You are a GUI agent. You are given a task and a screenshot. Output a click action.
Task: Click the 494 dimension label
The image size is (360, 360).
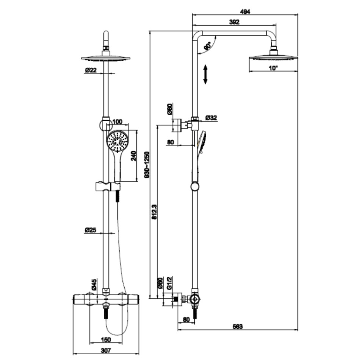point(245,11)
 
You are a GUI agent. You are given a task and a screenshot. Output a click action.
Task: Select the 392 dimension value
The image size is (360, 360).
point(234,22)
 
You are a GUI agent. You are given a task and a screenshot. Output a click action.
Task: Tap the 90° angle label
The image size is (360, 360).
point(207,46)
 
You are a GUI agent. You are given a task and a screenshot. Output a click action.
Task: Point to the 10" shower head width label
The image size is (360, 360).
point(273,68)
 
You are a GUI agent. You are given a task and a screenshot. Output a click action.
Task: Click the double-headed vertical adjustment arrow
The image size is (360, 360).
point(205,74)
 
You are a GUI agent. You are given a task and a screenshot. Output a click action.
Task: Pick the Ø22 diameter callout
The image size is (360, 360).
point(91,70)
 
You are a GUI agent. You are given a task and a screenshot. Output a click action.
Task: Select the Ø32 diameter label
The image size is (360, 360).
point(211,117)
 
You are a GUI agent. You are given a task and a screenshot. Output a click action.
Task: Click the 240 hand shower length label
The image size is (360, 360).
point(133,156)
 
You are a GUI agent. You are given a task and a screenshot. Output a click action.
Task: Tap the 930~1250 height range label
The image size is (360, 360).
point(147,164)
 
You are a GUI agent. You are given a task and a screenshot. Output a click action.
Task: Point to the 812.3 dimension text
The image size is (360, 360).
point(154,212)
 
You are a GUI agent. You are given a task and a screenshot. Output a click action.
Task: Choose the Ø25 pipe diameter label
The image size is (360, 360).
point(91,230)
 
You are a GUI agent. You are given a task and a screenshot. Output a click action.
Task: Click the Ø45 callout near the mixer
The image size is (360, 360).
point(94,285)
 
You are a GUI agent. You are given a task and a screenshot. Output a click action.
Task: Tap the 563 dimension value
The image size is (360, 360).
point(238,326)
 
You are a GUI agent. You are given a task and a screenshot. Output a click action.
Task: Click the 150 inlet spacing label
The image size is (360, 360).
point(106,339)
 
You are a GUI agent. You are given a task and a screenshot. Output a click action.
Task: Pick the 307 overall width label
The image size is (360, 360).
point(106,351)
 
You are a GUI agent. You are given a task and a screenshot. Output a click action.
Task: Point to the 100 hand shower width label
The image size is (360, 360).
point(118,122)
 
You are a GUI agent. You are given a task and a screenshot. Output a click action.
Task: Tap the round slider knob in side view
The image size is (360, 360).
point(195,186)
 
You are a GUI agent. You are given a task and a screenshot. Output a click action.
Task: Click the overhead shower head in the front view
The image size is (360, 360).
point(106,58)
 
